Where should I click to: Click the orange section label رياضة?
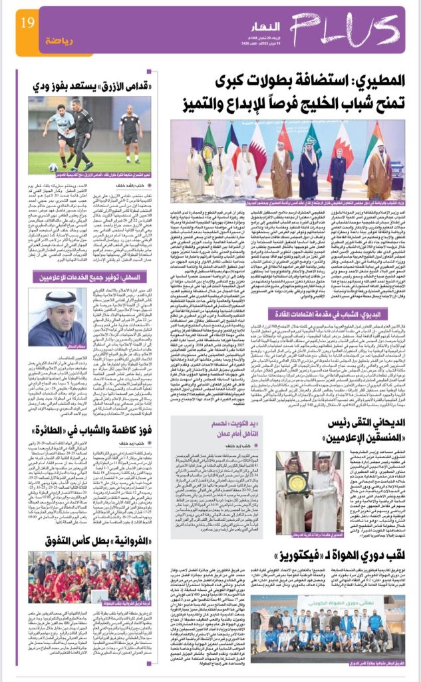click(x=59, y=40)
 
